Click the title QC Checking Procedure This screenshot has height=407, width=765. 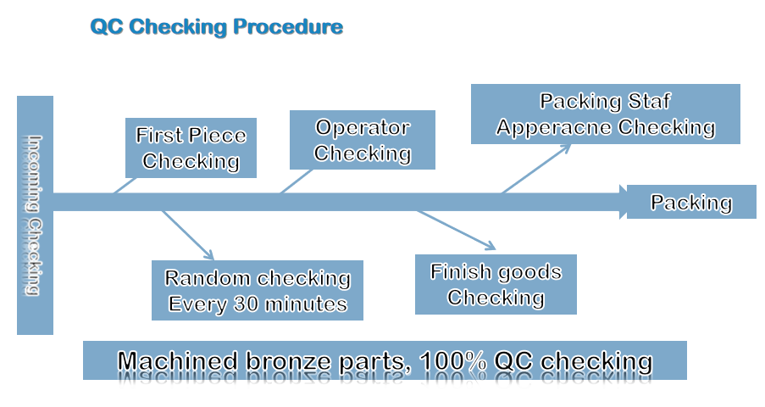pos(217,27)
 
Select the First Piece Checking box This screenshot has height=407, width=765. pos(191,148)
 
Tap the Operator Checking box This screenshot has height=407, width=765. pos(363,140)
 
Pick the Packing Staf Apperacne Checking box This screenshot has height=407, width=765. pos(606,114)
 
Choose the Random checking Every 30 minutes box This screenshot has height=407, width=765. pos(258,290)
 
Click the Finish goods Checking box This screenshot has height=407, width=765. pos(496,284)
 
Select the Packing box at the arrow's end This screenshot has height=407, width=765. pos(691,202)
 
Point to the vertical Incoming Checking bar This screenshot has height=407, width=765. pos(35,215)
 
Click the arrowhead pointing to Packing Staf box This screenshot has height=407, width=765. pos(566,148)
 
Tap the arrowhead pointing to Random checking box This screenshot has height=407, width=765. pos(208,254)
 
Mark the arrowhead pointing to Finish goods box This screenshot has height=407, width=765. pos(490,245)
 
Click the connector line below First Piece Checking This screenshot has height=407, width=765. pos(125,185)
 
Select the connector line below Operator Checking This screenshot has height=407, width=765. pos(297,181)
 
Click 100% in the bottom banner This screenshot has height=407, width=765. pos(453,361)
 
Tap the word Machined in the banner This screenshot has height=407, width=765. pos(177,361)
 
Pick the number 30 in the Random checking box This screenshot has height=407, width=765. pos(246,304)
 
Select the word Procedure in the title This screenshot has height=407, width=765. pos(288,27)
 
